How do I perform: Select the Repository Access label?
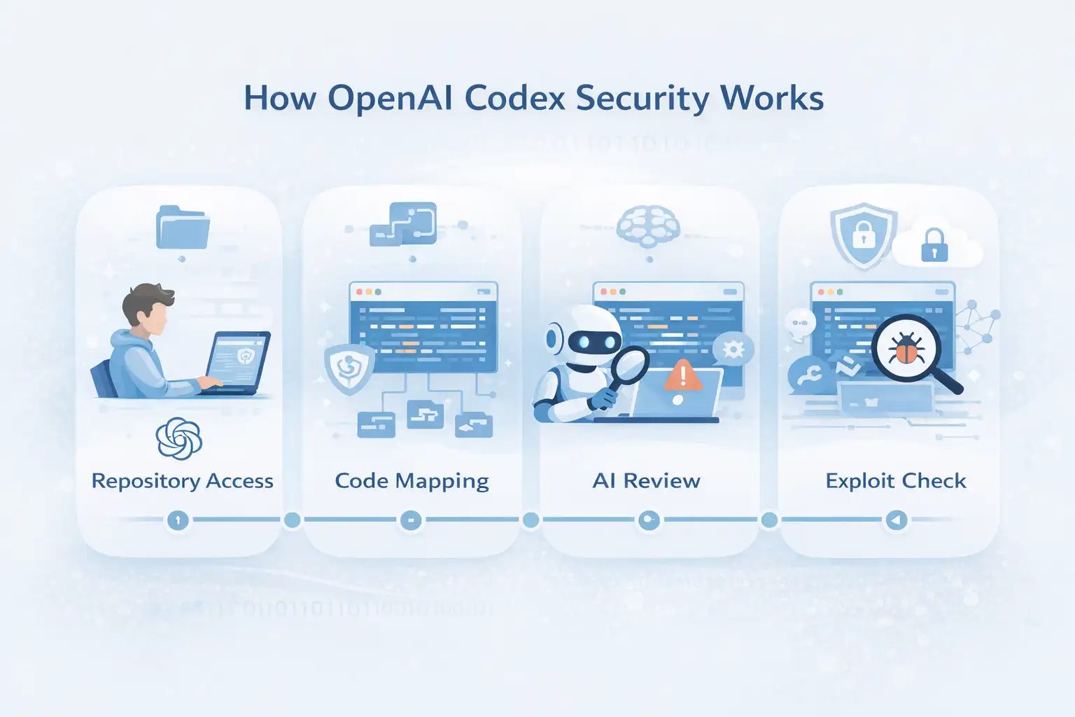tap(182, 481)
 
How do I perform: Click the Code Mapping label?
tap(412, 481)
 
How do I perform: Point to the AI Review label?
tap(646, 481)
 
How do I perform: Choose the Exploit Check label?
tap(895, 481)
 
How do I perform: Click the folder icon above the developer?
tap(182, 227)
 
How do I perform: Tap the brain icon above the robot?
tap(649, 226)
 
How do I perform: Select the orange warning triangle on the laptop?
tap(682, 376)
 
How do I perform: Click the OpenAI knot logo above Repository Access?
tap(179, 439)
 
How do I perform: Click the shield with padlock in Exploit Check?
tap(864, 235)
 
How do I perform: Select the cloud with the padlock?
tap(936, 246)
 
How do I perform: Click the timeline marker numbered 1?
tap(178, 520)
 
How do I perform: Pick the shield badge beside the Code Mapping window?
tap(349, 367)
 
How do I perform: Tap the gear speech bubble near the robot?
tap(733, 349)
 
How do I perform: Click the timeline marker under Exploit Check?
tap(896, 520)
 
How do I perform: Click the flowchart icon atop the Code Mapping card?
tap(404, 224)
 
